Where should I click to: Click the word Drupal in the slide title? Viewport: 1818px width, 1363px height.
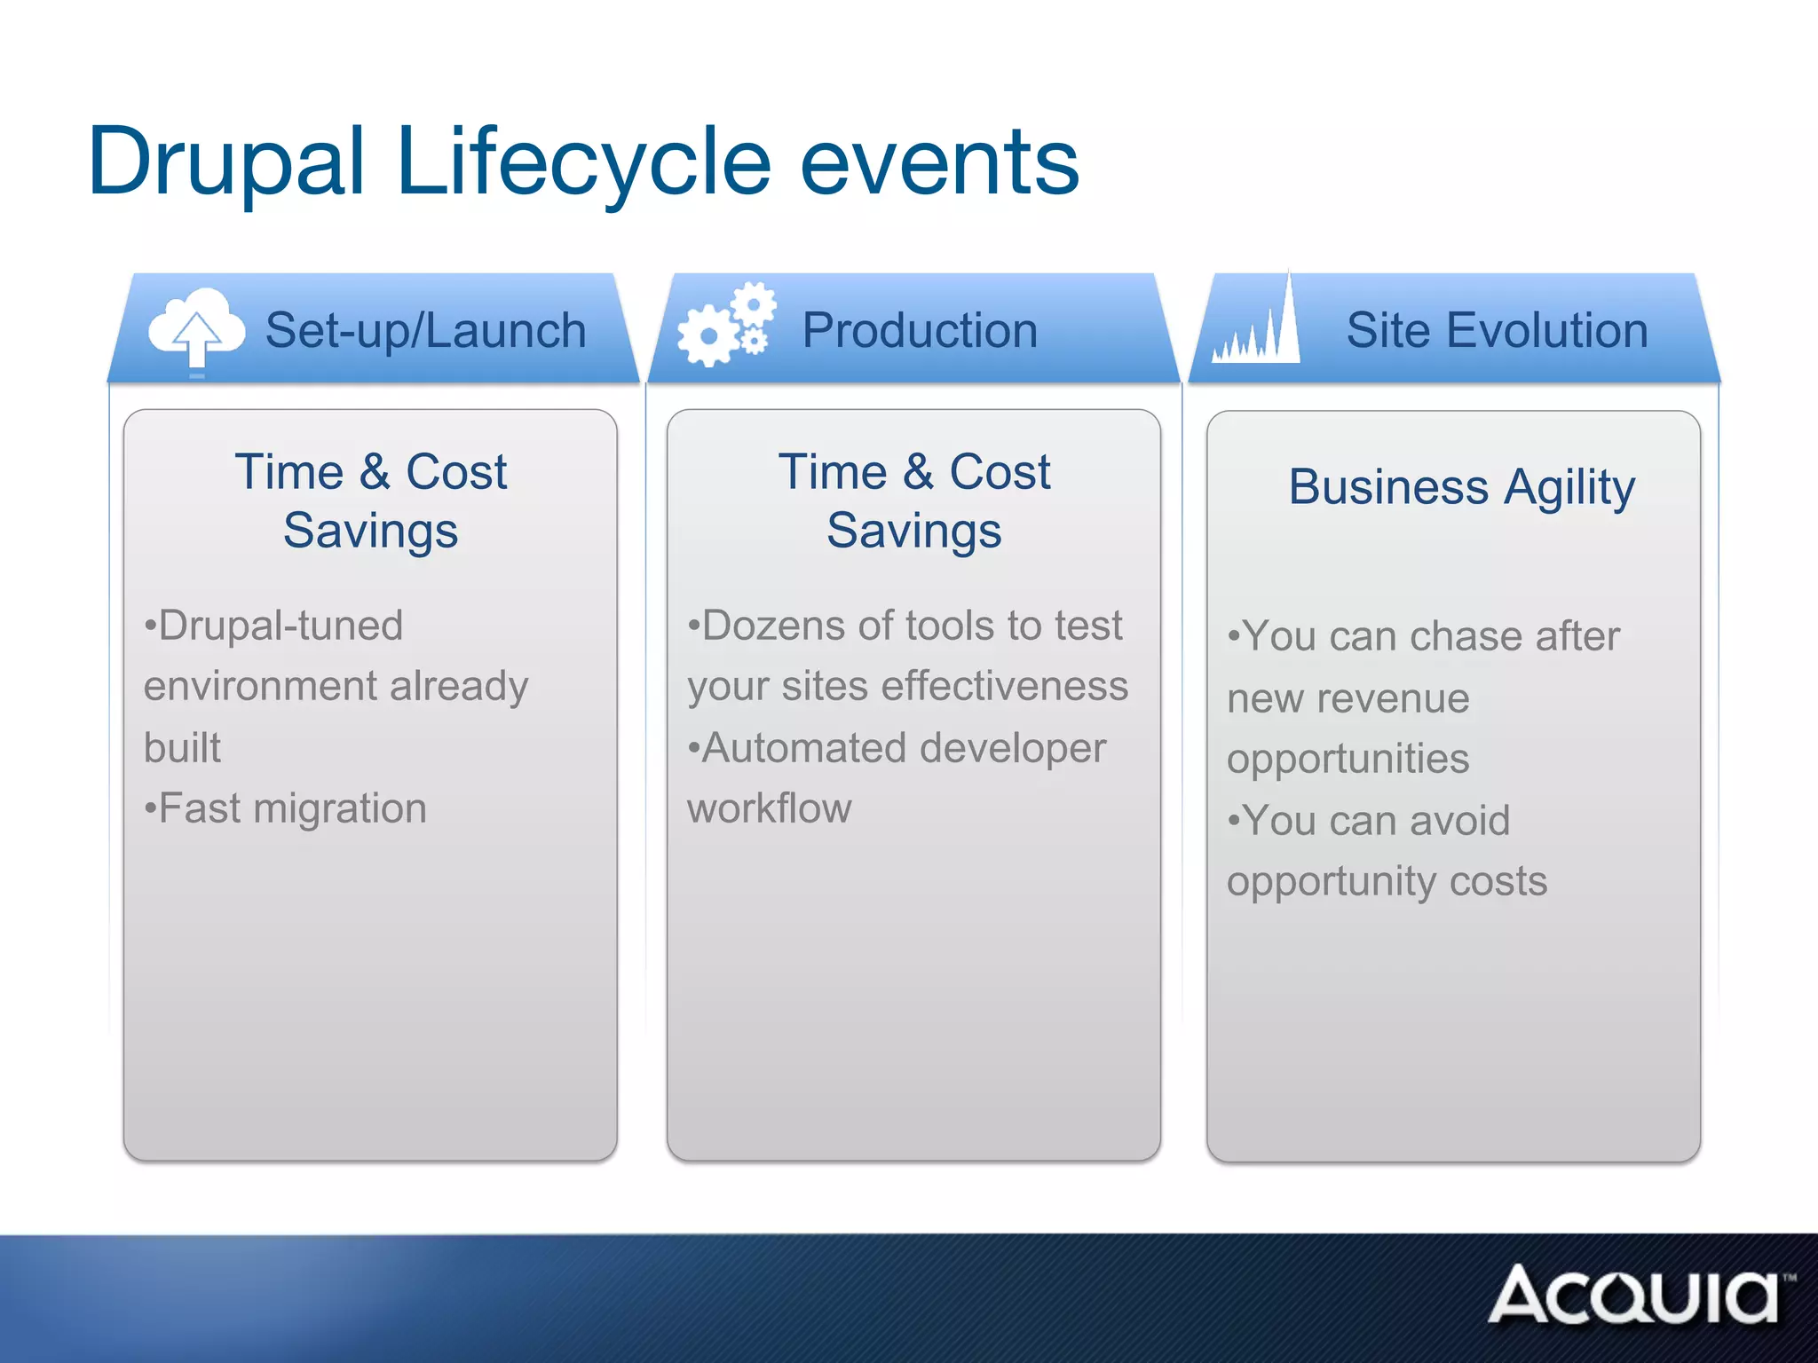226,162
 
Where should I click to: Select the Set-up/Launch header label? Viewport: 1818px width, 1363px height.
425,331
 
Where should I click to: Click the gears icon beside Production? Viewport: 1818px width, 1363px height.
727,326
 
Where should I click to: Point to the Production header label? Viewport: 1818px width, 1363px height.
920,331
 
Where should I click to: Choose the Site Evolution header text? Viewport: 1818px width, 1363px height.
1497,331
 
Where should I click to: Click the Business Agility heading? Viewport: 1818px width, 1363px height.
1461,487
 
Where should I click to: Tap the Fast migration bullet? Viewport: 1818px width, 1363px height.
286,808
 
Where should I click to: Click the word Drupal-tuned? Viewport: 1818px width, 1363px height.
274,626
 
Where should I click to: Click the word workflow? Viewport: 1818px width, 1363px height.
769,808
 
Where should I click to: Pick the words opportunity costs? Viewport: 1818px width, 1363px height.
1387,881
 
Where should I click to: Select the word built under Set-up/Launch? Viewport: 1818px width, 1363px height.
182,748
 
